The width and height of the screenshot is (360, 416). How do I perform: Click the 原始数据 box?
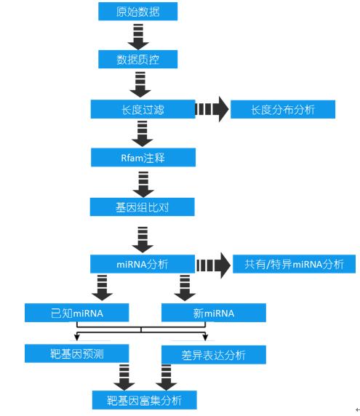click(x=137, y=12)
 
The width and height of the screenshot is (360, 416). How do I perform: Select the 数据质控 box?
click(x=137, y=59)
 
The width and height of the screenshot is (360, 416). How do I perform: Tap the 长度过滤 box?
click(x=143, y=109)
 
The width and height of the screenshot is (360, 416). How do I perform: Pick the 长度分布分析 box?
click(x=283, y=109)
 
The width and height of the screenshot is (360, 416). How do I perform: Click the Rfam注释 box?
click(x=143, y=157)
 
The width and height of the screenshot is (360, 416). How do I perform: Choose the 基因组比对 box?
click(x=143, y=207)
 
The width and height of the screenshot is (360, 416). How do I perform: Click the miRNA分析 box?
click(x=143, y=264)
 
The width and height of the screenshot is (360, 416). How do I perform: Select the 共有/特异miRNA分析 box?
click(x=294, y=264)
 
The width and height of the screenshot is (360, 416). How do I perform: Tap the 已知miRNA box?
click(x=76, y=313)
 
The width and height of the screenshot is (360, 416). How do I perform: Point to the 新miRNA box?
click(x=214, y=313)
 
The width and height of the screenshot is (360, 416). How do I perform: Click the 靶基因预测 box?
click(x=76, y=353)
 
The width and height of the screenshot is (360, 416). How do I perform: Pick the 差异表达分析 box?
click(x=214, y=355)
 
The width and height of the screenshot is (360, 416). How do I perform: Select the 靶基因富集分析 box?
click(x=144, y=400)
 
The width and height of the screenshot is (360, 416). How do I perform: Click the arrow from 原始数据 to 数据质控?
click(x=138, y=37)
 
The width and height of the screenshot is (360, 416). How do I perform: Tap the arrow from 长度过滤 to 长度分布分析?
click(x=212, y=109)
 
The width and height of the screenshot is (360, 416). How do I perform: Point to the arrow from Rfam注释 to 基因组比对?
click(x=143, y=185)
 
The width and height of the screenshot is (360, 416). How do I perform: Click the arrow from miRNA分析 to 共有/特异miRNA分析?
click(x=213, y=265)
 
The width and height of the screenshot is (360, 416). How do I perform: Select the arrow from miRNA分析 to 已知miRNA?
click(x=102, y=288)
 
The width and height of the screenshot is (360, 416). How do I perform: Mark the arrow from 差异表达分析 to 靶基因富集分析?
click(x=166, y=377)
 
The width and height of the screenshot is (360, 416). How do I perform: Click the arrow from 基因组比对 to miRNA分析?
click(x=143, y=240)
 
